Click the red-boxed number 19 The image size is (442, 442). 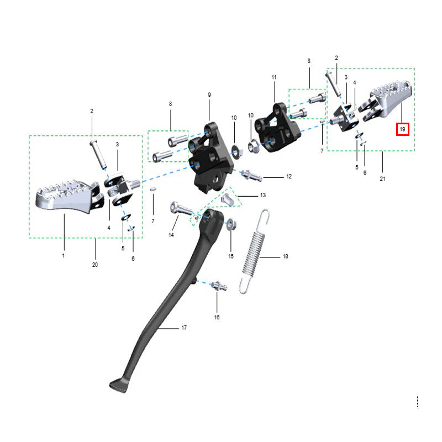coord(402,129)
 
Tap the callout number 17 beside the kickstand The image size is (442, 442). coord(184,328)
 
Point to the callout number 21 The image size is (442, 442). coord(382,178)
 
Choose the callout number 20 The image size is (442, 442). coord(95,265)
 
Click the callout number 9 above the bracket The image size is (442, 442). coord(209,94)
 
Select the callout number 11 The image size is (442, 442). coord(274,77)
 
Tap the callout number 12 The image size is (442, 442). coord(289,176)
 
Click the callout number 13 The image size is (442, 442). coord(263,195)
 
